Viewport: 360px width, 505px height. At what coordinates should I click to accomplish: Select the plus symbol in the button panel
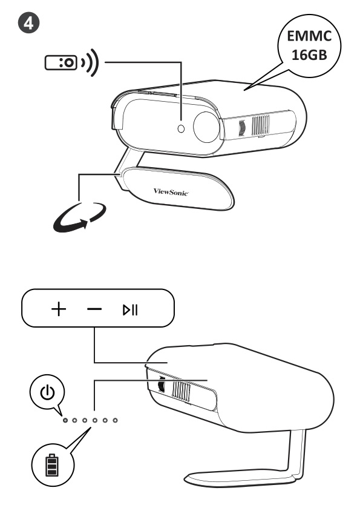tap(58, 309)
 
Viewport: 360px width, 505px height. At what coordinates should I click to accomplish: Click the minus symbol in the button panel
tap(94, 309)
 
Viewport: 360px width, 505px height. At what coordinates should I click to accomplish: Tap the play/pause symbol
tap(131, 310)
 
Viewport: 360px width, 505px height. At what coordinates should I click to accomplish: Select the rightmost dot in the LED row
tap(115, 420)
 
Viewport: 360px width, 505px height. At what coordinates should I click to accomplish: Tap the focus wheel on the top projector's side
tap(241, 127)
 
